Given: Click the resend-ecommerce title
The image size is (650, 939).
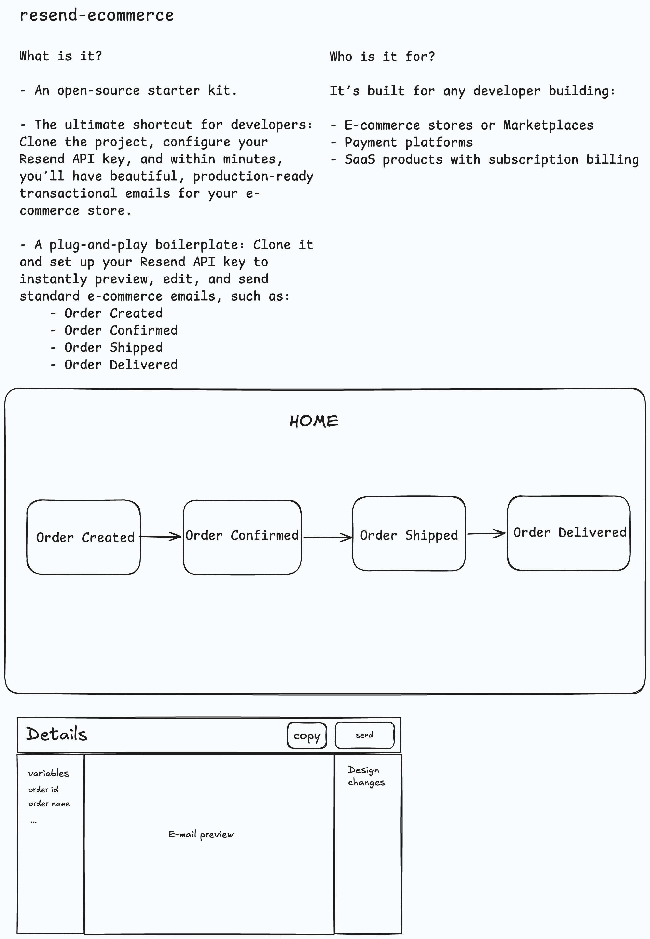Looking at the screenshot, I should point(97,15).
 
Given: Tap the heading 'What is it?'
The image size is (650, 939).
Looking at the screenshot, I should point(61,56).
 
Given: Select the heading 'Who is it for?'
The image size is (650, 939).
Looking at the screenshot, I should point(382,56).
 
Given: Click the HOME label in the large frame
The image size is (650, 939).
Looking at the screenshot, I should point(314,421).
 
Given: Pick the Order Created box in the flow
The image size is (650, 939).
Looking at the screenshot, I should point(84,537).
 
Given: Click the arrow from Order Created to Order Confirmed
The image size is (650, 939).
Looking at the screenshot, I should point(161,537).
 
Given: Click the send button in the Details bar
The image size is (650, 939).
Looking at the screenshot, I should point(365,735).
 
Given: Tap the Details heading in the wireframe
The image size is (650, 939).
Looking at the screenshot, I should point(57,734).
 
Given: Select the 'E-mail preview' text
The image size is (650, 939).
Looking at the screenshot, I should point(201,834).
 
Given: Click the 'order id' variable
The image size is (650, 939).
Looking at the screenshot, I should point(43,789).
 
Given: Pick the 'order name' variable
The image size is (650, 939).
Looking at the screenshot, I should point(49,804).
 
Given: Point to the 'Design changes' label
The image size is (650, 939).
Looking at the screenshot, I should point(366,776).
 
